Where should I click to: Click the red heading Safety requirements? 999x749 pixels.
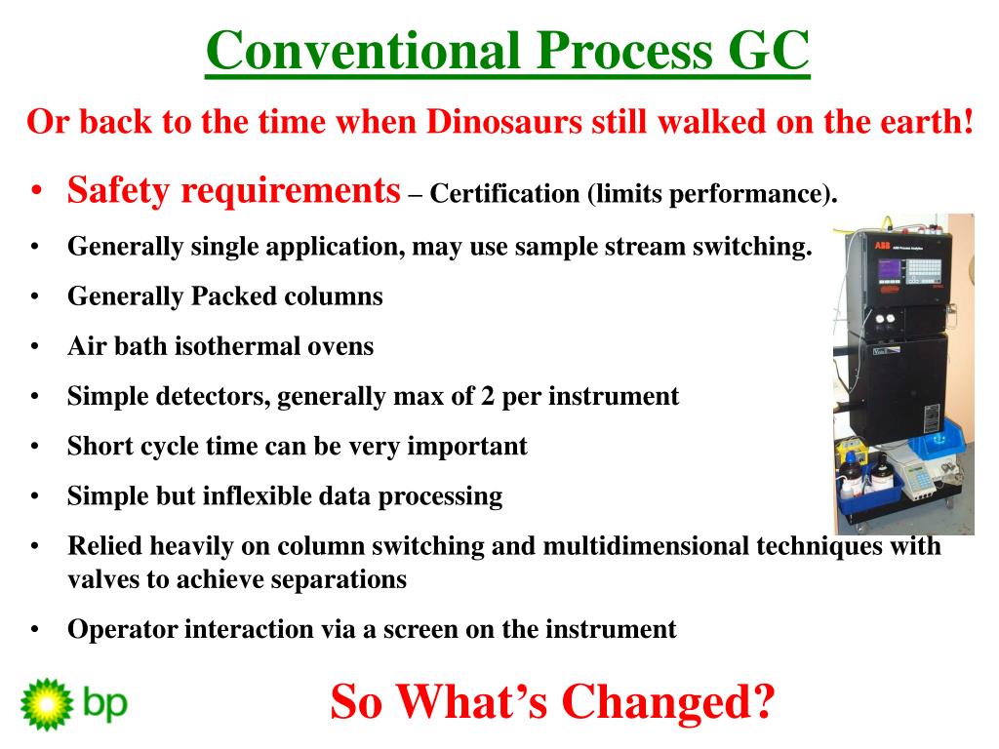233,190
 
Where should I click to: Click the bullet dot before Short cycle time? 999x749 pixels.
35,447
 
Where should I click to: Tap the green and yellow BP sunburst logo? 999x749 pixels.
47,704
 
